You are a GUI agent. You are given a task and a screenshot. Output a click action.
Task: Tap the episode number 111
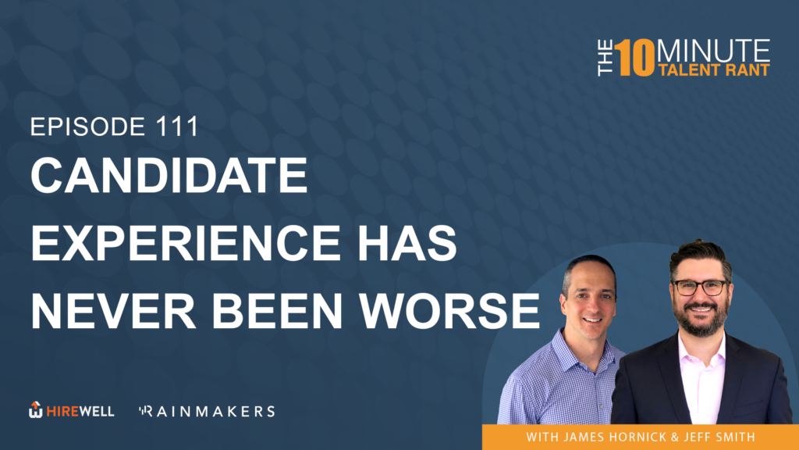click(x=177, y=127)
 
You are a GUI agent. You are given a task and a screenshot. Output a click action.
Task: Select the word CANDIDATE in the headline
click(x=169, y=175)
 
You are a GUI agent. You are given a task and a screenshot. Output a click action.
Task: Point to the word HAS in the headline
click(x=407, y=243)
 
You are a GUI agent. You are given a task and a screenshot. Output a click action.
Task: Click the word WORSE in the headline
click(x=449, y=311)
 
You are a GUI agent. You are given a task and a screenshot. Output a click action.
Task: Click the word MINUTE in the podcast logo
click(x=713, y=51)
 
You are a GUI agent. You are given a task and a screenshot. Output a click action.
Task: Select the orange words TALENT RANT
click(x=713, y=70)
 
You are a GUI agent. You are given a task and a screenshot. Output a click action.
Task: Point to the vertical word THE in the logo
click(x=605, y=58)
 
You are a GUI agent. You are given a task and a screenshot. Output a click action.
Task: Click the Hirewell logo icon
click(x=35, y=409)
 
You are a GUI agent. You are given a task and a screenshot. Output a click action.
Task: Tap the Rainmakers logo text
click(x=207, y=411)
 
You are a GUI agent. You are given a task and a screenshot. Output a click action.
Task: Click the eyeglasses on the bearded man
click(x=701, y=287)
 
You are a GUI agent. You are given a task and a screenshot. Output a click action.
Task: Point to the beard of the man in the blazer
click(x=701, y=319)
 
